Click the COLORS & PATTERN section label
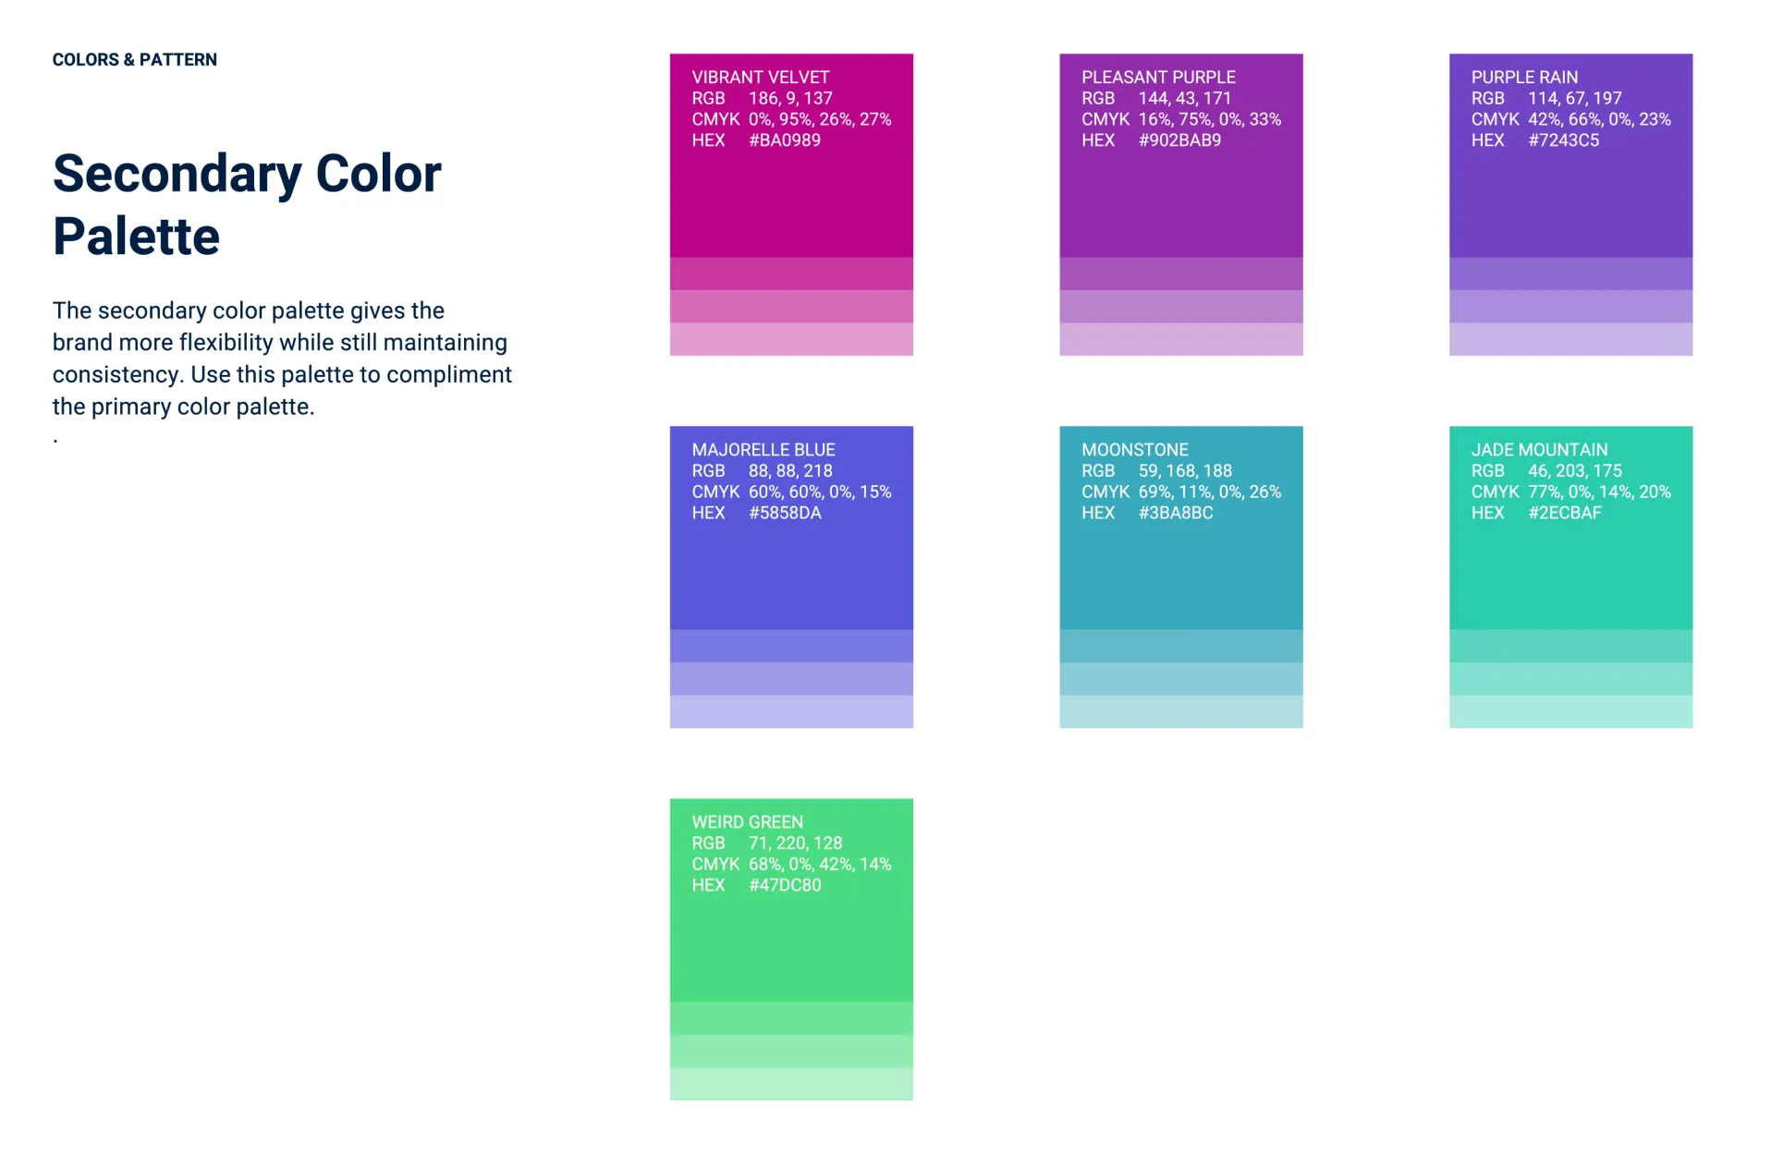pyautogui.click(x=135, y=60)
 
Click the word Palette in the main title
pyautogui.click(x=137, y=237)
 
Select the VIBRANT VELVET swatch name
pyautogui.click(x=761, y=78)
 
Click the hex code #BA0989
pyautogui.click(x=785, y=140)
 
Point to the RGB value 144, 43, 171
pyautogui.click(x=1185, y=99)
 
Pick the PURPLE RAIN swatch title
pyautogui.click(x=1524, y=78)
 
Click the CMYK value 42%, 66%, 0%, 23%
pyautogui.click(x=1599, y=120)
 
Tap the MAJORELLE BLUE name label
pyautogui.click(x=763, y=450)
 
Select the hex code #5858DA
pyautogui.click(x=785, y=513)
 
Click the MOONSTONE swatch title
pyautogui.click(x=1135, y=450)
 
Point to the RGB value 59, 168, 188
pyautogui.click(x=1185, y=471)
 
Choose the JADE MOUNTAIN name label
pyautogui.click(x=1540, y=450)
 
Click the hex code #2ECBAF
pyautogui.click(x=1565, y=513)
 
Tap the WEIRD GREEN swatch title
pyautogui.click(x=748, y=822)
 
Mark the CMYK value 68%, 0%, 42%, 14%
pyautogui.click(x=820, y=865)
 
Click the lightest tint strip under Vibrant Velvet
pyautogui.click(x=791, y=339)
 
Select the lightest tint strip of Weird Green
pyautogui.click(x=791, y=1084)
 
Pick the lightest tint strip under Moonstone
pyautogui.click(x=1181, y=711)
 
